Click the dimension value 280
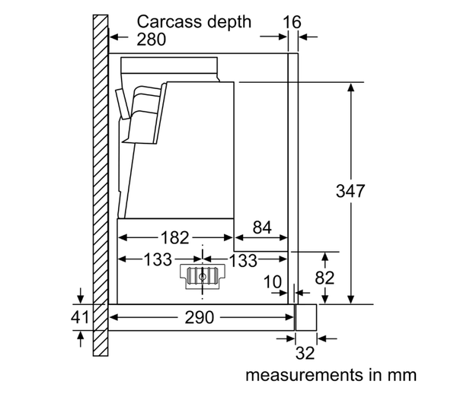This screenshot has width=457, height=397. (152, 39)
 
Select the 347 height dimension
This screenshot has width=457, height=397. (351, 191)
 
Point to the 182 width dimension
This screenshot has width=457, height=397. (174, 237)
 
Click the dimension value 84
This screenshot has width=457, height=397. (261, 226)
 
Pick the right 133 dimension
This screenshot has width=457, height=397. (242, 260)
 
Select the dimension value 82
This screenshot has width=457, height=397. (325, 278)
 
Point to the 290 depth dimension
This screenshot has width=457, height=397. (201, 317)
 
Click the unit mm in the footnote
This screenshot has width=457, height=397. (402, 376)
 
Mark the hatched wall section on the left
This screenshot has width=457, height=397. (100, 190)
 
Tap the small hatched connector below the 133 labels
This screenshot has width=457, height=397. (202, 277)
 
